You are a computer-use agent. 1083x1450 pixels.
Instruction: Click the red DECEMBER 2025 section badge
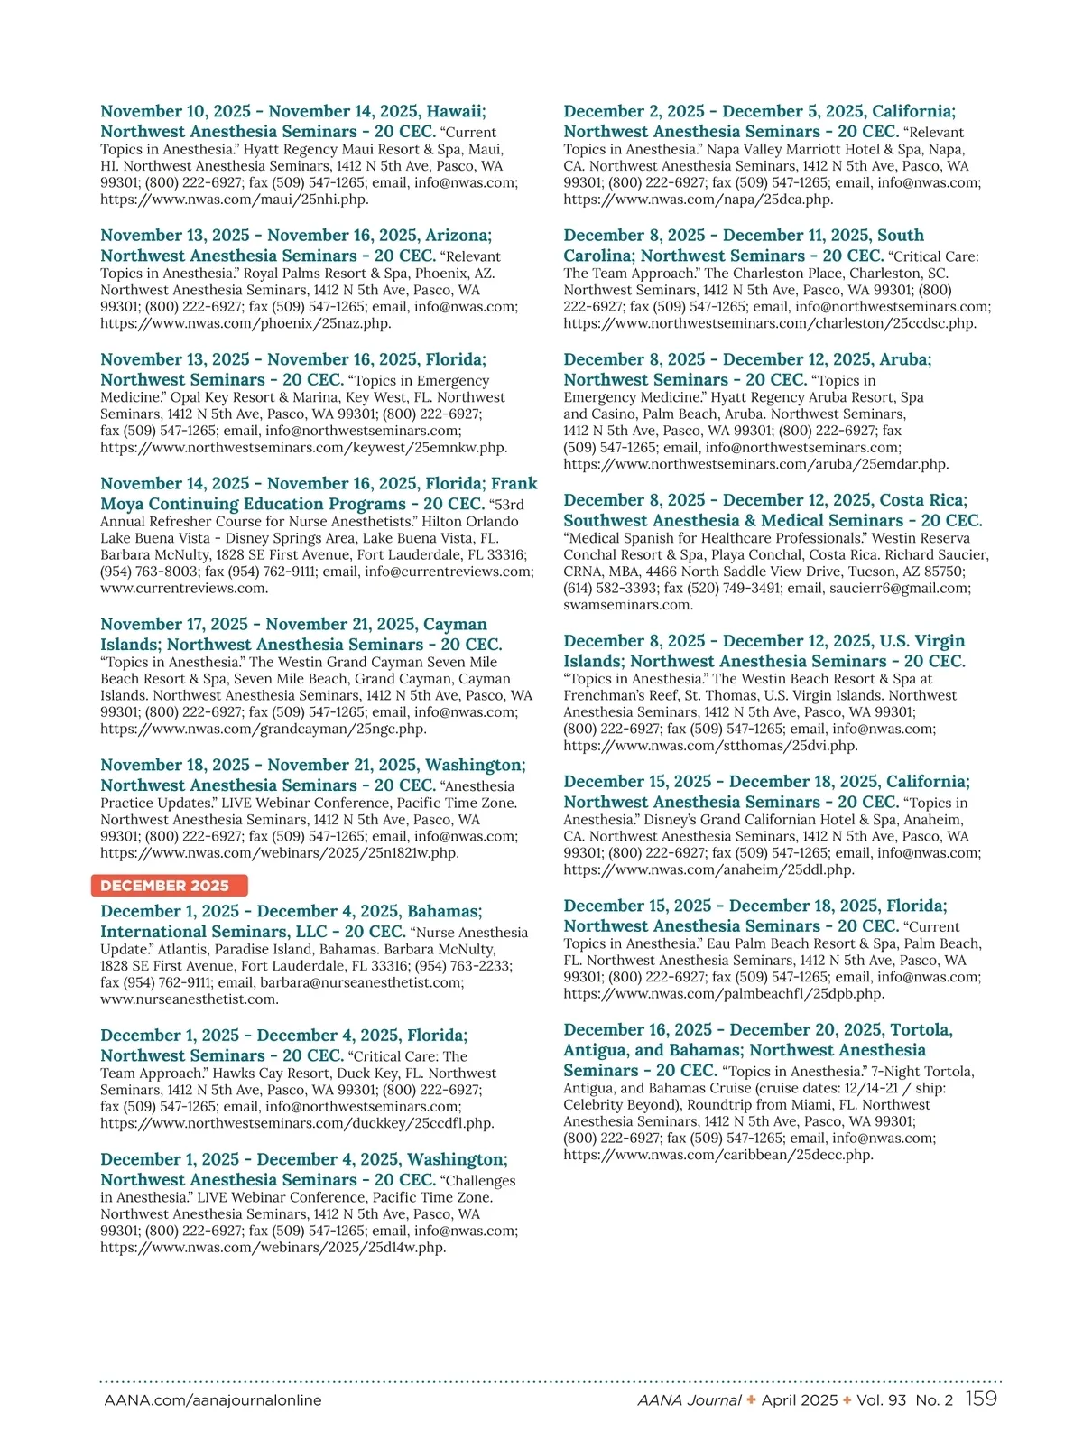click(x=169, y=886)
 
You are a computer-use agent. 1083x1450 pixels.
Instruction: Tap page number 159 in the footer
click(x=981, y=1399)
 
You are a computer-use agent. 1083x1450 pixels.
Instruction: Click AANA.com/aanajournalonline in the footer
click(x=213, y=1400)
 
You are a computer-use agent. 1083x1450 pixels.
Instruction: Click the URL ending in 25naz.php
click(x=245, y=323)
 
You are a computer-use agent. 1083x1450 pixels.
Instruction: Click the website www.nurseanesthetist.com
click(x=190, y=999)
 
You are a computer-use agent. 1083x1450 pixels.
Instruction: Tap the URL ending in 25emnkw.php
click(x=303, y=447)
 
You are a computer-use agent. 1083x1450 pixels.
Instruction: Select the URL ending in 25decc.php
click(x=718, y=1155)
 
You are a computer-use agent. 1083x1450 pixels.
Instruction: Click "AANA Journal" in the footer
click(x=690, y=1400)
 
